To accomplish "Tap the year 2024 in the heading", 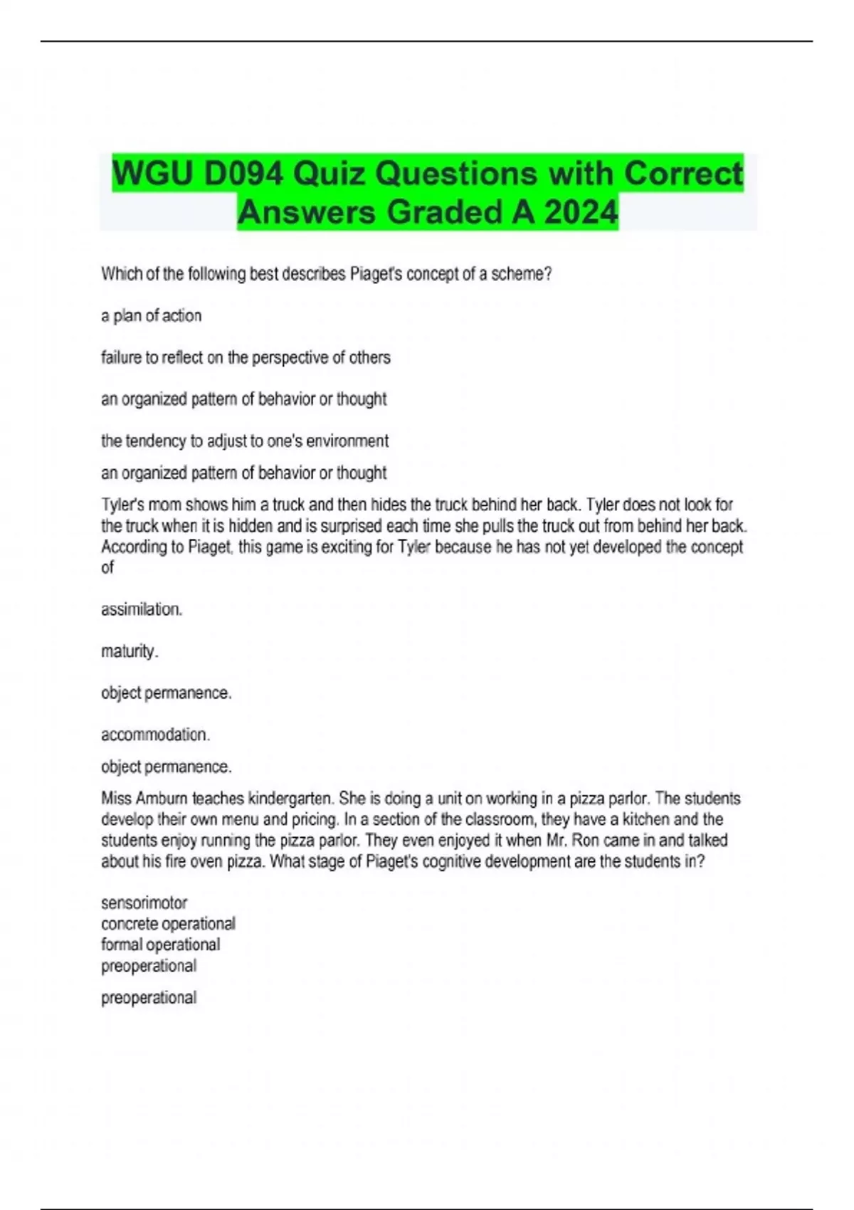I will (581, 212).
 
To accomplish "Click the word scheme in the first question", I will (522, 274).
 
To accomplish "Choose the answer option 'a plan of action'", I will (151, 316).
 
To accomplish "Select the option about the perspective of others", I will (246, 357).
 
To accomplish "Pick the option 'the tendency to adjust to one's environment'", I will (245, 441).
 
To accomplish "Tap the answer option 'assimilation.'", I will (142, 609).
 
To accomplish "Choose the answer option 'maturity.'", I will (130, 651).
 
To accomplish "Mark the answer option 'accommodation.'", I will (155, 735).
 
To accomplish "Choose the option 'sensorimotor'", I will (144, 903).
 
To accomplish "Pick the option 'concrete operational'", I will (168, 924).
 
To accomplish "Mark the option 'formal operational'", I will (160, 945).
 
